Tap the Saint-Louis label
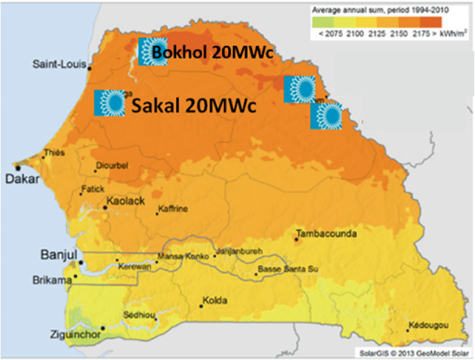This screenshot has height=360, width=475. pos(59,65)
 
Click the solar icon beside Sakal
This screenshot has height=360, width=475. pos(110,103)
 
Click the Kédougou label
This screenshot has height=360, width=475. pos(429,325)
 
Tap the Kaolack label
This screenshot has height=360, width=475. pos(126,202)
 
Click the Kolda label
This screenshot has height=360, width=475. pos(215,301)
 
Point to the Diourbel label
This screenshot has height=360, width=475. pos(113,166)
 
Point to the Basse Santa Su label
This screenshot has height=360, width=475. pos(288,268)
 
